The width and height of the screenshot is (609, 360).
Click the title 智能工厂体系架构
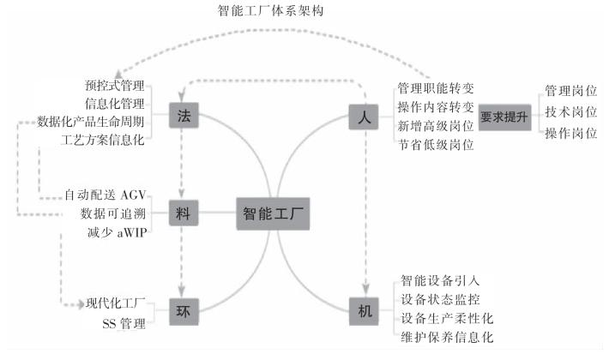pos(271,12)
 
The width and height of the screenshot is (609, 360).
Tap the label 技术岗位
pos(570,112)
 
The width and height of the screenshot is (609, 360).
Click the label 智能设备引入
pos(440,280)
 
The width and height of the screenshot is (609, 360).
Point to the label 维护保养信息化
pos(447,337)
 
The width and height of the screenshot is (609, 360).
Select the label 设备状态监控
pos(440,299)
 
